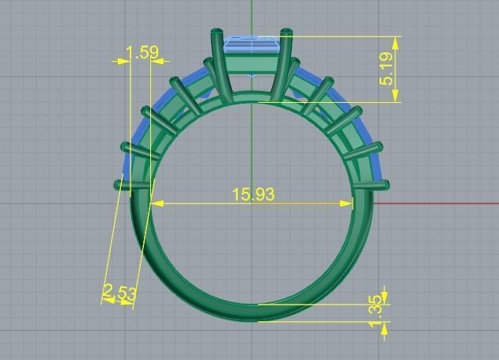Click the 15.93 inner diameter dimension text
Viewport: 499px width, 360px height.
(253, 194)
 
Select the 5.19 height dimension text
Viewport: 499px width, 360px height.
(387, 70)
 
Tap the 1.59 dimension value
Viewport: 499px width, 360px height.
(142, 52)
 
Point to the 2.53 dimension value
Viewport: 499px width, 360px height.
(120, 294)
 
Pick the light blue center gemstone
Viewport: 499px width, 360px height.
(251, 45)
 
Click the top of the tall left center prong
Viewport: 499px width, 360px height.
(215, 34)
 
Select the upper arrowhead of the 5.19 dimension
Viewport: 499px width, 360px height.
(394, 42)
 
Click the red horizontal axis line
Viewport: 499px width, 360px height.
(435, 203)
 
